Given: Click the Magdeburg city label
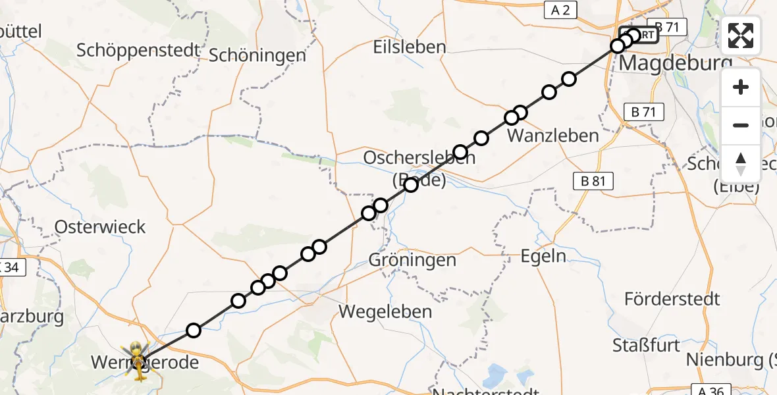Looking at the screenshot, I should click(675, 65).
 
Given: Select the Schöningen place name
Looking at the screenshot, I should click(257, 55).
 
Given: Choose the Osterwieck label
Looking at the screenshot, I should click(100, 227).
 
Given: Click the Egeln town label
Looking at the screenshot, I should click(543, 255).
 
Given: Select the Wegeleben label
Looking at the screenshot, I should click(385, 311).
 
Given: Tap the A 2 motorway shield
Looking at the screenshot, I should click(559, 9).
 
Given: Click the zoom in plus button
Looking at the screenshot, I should click(741, 88).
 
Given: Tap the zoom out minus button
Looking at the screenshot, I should click(741, 126).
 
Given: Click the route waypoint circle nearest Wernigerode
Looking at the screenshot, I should click(193, 330).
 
